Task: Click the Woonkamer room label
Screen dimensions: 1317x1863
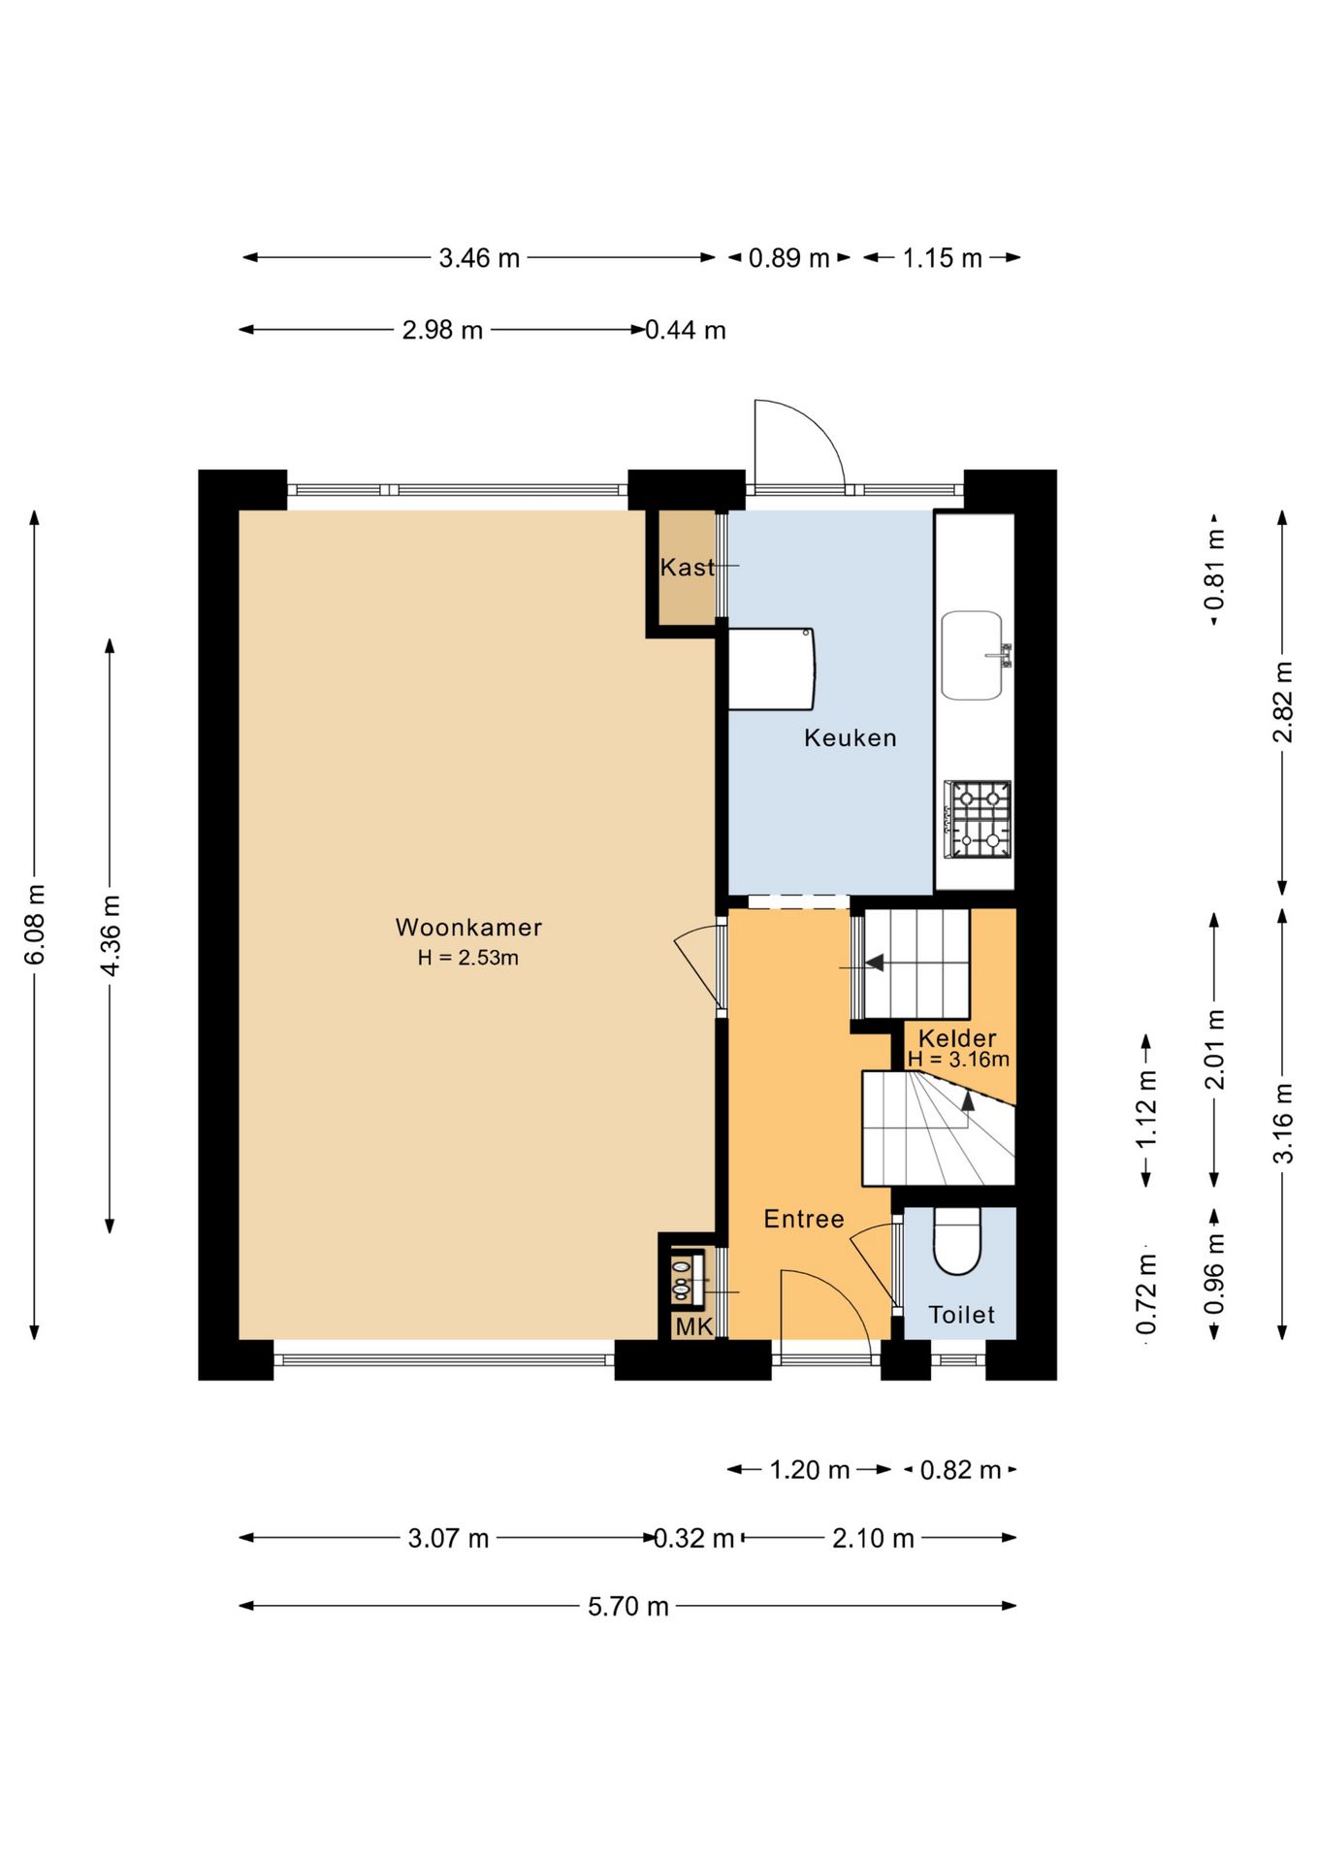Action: click(x=468, y=927)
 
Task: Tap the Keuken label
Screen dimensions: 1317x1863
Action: click(x=851, y=737)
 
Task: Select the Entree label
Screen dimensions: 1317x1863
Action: click(x=804, y=1219)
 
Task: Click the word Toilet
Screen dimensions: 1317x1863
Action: click(x=961, y=1315)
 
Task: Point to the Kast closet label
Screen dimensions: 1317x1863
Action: click(x=687, y=567)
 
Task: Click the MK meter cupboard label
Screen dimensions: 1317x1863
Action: click(x=693, y=1326)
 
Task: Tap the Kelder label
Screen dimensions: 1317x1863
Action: click(x=957, y=1037)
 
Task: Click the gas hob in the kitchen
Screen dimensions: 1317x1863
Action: click(x=978, y=820)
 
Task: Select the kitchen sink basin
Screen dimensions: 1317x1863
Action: click(x=972, y=655)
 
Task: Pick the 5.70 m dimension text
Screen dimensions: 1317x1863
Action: click(x=628, y=1606)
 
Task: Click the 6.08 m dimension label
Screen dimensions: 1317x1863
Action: click(x=34, y=925)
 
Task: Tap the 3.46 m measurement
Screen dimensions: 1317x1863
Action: click(x=479, y=258)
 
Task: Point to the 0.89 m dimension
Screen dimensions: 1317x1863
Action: click(x=788, y=258)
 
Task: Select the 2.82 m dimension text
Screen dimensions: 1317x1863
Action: click(x=1283, y=702)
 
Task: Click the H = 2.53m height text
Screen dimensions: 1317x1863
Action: click(x=468, y=958)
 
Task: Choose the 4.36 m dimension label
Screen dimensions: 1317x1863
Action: click(x=111, y=936)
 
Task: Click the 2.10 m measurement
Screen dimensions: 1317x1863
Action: click(x=873, y=1538)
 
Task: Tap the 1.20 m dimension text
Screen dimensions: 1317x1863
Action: click(x=810, y=1470)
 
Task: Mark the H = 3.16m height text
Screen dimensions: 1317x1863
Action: click(x=958, y=1059)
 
